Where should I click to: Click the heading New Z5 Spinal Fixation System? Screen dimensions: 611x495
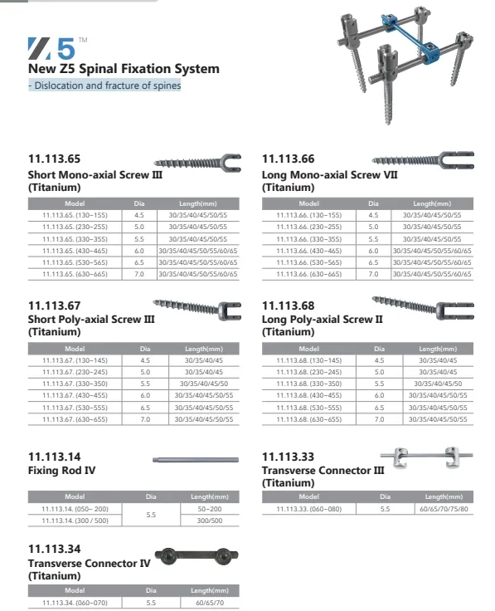click(x=124, y=68)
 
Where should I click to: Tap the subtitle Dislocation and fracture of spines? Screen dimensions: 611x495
click(x=104, y=85)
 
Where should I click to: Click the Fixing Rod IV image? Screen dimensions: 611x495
click(x=197, y=458)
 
